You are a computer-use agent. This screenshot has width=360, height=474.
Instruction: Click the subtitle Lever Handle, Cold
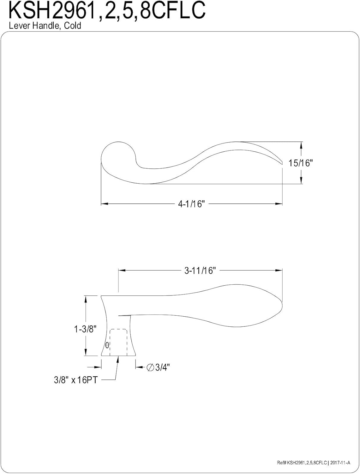[45, 26]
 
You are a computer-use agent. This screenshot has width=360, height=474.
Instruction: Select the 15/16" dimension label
[300, 163]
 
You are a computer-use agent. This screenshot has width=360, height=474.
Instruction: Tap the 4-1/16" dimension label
[192, 204]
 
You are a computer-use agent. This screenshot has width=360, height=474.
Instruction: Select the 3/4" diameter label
[162, 367]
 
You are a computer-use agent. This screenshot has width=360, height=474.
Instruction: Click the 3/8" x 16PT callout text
[75, 380]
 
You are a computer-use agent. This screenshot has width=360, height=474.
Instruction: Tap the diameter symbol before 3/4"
[150, 367]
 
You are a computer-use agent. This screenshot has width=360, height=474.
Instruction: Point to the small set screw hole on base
[107, 345]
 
